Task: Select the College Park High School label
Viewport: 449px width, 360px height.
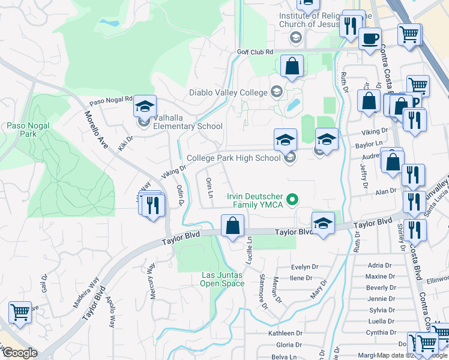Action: [x=234, y=158]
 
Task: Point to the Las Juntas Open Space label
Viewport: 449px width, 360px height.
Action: [x=221, y=279]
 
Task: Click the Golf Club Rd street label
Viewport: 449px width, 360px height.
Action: [x=255, y=52]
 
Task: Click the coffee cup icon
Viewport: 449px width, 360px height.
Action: [x=370, y=39]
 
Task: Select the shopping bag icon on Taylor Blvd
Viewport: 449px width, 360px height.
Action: [x=232, y=227]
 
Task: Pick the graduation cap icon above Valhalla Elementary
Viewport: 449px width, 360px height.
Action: [x=145, y=107]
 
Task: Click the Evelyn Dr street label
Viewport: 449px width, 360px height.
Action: [x=304, y=267]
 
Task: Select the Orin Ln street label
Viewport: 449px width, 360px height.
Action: [x=209, y=188]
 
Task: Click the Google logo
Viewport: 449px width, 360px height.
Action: [x=20, y=353]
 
